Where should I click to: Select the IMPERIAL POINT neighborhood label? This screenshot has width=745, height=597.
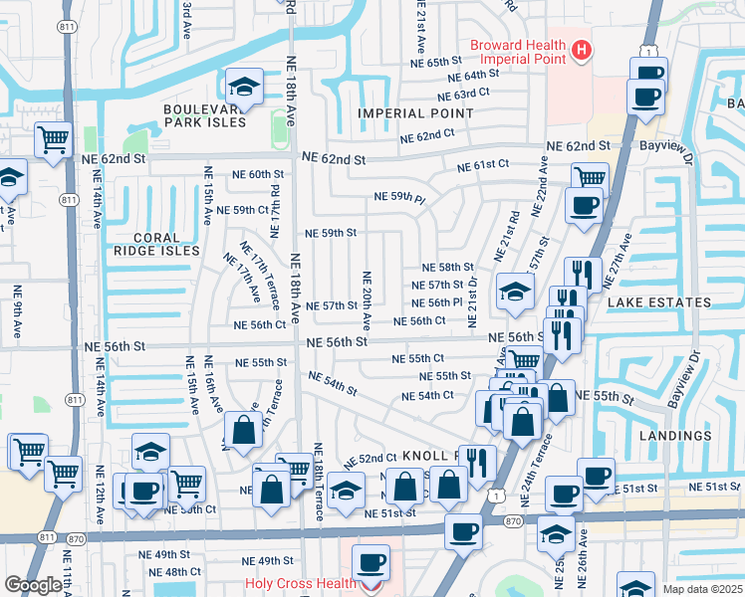click(x=416, y=113)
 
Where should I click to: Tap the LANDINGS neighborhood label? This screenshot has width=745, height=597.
click(x=677, y=436)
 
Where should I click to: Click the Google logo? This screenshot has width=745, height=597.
click(x=33, y=585)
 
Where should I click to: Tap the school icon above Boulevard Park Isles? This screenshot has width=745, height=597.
click(x=244, y=85)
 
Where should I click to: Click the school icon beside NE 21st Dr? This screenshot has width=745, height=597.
click(x=514, y=290)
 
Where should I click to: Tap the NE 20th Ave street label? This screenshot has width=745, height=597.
click(x=367, y=301)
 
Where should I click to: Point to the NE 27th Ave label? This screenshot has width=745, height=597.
click(x=624, y=256)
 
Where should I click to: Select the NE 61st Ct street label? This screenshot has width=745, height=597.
click(x=483, y=164)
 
